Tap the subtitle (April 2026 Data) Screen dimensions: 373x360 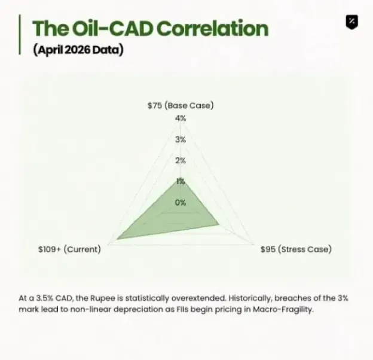pos(78,50)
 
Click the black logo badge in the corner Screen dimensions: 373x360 pos(352,22)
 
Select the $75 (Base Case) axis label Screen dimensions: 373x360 pos(181,105)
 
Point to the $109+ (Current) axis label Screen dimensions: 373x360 pos(69,249)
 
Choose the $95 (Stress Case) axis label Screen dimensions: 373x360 pos(296,249)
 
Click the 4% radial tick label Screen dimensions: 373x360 pos(181,118)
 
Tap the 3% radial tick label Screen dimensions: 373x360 pos(181,139)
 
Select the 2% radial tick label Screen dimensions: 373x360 pos(181,161)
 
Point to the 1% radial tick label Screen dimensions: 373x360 pos(181,182)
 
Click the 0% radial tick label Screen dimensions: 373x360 pos(181,203)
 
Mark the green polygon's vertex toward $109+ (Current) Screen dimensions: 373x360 pos(117,239)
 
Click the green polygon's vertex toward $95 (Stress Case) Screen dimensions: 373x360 pos(219,224)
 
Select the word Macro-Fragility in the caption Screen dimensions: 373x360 pos(283,310)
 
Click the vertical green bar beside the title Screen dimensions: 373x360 pos(20,35)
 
